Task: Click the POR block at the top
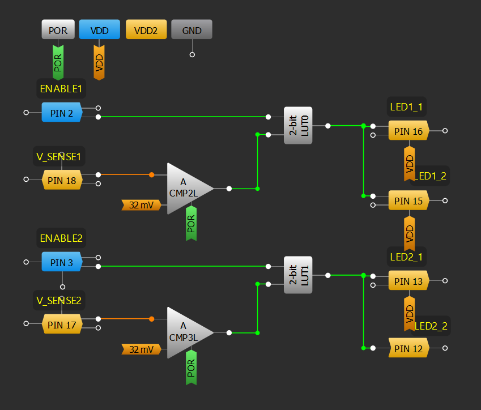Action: (x=58, y=29)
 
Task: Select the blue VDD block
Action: (x=99, y=29)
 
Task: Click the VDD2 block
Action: (x=146, y=29)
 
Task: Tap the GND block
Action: (x=191, y=29)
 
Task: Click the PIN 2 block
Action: (x=62, y=113)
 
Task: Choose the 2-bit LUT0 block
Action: (x=297, y=126)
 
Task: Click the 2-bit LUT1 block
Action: (x=297, y=275)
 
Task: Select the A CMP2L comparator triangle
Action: (x=186, y=188)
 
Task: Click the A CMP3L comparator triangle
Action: (x=186, y=332)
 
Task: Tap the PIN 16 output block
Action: (x=408, y=131)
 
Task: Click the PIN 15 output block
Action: (x=408, y=200)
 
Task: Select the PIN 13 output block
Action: (x=408, y=281)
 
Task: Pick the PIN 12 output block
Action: (x=408, y=348)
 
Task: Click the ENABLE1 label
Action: (x=61, y=89)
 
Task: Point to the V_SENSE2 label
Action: (x=59, y=300)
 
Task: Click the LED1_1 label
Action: (x=407, y=106)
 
